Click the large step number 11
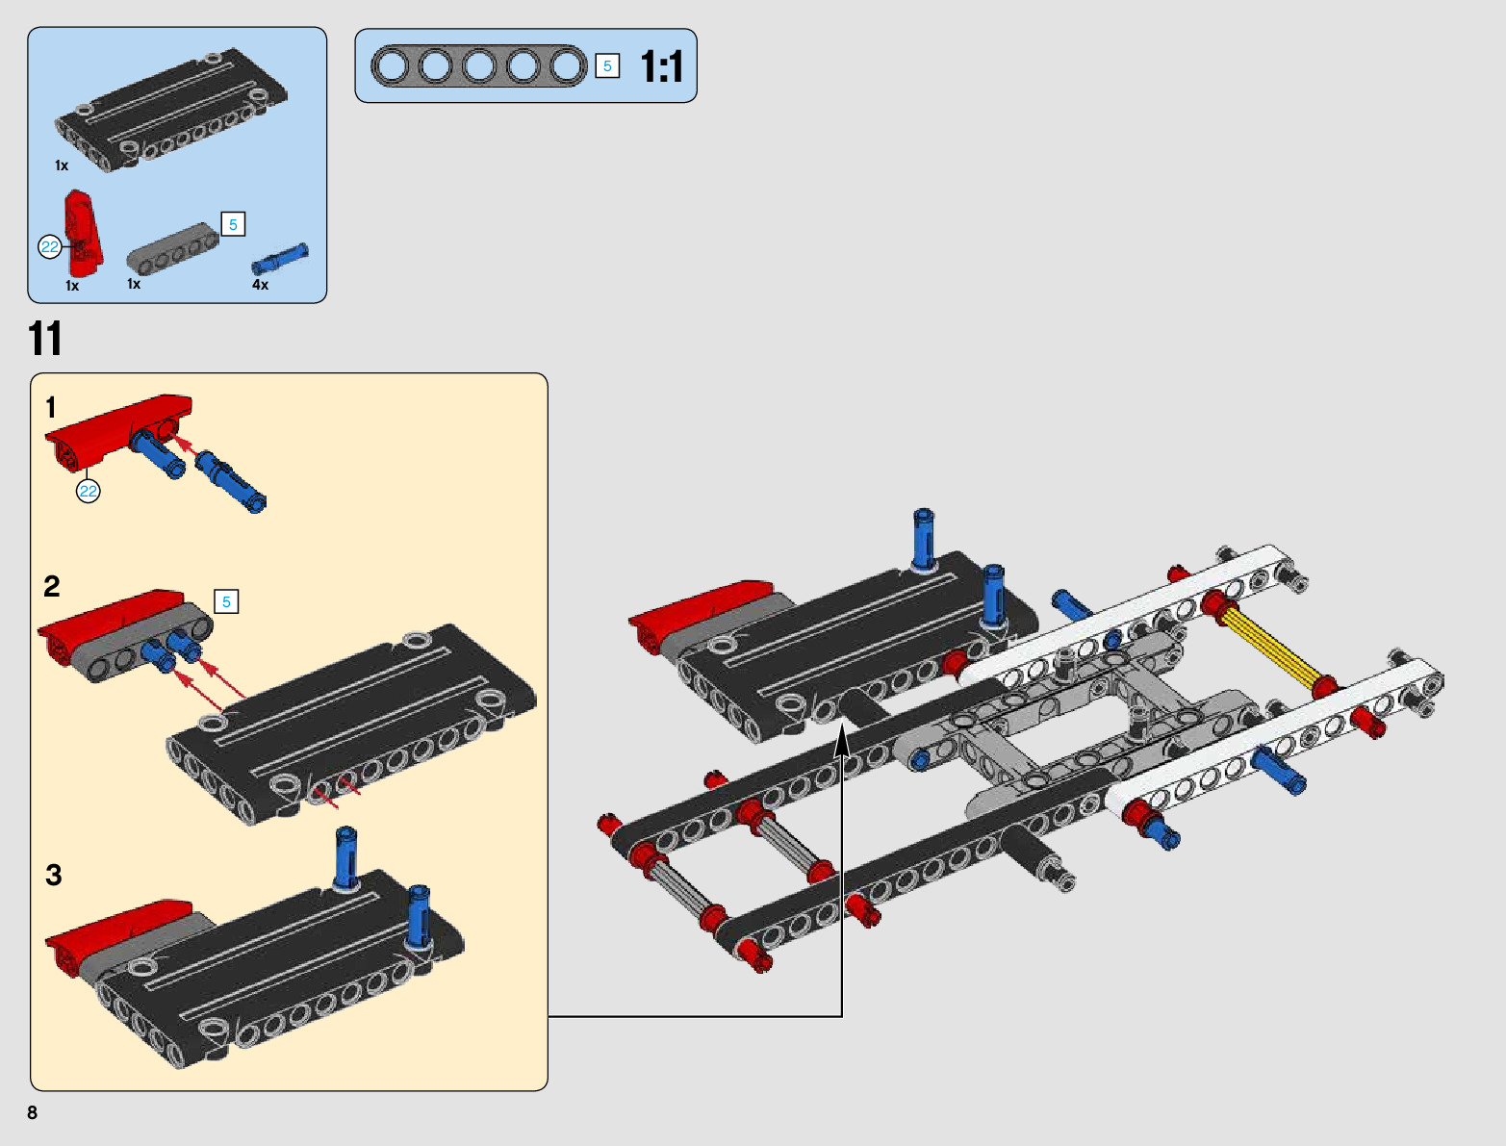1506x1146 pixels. coord(44,340)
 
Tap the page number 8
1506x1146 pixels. coord(33,1112)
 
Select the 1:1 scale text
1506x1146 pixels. coord(661,67)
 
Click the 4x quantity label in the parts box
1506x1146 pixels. coord(260,285)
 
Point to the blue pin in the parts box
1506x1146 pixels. coord(280,259)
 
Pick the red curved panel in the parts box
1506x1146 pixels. coord(83,231)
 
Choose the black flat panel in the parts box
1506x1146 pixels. coord(171,114)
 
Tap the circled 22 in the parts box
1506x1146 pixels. coord(49,247)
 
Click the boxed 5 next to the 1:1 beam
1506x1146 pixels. coord(607,66)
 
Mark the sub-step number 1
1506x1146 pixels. coord(51,408)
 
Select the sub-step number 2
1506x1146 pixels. coord(52,586)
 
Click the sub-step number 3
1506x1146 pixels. coord(54,875)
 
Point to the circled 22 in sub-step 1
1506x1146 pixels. coord(89,492)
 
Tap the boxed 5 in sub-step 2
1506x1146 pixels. coord(226,602)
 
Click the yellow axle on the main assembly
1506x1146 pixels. coord(1269,648)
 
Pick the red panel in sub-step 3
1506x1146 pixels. coord(115,929)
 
